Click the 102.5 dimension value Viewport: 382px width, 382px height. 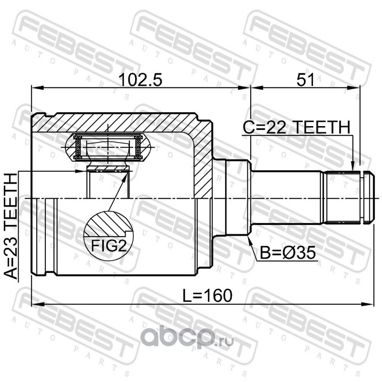140,80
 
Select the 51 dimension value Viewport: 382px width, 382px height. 305,80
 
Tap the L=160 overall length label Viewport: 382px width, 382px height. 208,296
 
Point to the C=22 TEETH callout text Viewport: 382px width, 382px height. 297,127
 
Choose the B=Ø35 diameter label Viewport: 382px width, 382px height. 288,253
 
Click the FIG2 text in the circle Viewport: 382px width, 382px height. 109,246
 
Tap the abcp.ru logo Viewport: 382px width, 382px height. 187,337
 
